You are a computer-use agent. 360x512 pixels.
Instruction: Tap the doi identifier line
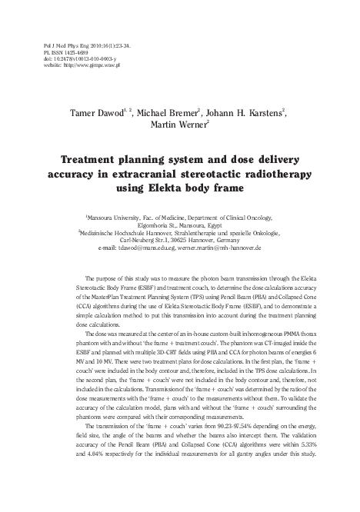coord(83,59)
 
